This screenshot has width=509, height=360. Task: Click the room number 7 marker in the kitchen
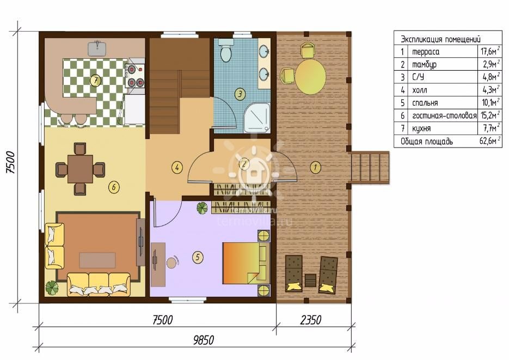[x=95, y=81]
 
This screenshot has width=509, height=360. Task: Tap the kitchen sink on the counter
[x=97, y=48]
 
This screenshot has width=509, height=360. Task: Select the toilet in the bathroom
[x=225, y=50]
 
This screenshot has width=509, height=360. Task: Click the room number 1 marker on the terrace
[x=315, y=168]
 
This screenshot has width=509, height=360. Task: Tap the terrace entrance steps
[x=370, y=168]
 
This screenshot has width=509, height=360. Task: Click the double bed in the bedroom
[x=246, y=263]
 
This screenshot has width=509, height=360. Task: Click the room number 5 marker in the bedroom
[x=198, y=257]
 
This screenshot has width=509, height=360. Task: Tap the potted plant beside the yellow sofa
[x=52, y=288]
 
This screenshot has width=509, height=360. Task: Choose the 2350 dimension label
[x=311, y=320]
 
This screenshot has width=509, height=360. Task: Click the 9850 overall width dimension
[x=204, y=340]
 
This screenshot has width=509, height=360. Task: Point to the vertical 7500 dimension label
[x=11, y=162]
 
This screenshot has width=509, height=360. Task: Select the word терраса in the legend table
[x=426, y=52]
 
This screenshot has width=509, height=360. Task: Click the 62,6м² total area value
[x=489, y=141]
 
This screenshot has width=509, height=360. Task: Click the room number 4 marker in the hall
[x=177, y=168]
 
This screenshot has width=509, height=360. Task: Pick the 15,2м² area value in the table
[x=490, y=115]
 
